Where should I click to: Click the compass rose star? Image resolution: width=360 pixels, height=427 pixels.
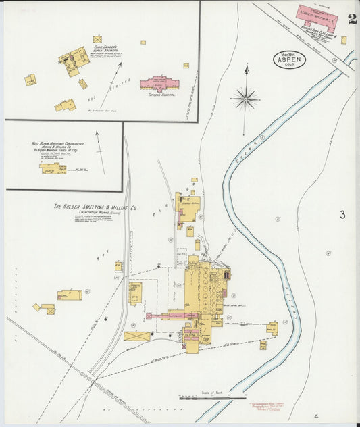pos(245,99)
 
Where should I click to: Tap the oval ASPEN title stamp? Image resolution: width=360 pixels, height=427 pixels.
pos(289,60)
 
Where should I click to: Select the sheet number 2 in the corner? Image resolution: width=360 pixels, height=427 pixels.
pos(352,19)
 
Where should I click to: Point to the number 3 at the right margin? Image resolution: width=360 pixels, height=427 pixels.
pos(342,215)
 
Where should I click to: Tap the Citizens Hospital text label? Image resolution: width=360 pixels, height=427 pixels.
pos(161,95)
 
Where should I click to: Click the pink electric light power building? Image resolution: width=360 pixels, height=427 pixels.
pos(317,14)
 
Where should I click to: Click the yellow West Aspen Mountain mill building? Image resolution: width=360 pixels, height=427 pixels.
pos(53,168)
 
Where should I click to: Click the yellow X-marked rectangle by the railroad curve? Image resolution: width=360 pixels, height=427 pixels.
pos(136,336)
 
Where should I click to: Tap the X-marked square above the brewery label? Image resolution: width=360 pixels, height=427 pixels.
pos(97,39)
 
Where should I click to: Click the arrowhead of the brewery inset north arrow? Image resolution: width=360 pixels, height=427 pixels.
pos(121,65)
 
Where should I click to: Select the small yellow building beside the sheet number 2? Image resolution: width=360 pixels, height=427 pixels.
pos(343,40)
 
